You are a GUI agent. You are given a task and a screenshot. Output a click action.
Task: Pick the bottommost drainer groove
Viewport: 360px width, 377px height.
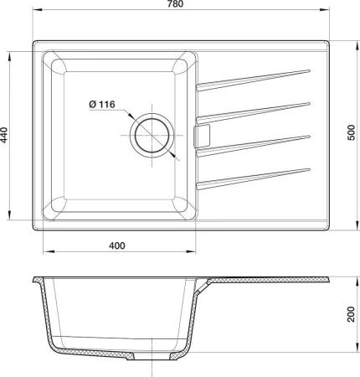[x=251, y=179]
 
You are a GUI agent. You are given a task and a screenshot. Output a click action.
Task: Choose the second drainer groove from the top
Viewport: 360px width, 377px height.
[x=251, y=109]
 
